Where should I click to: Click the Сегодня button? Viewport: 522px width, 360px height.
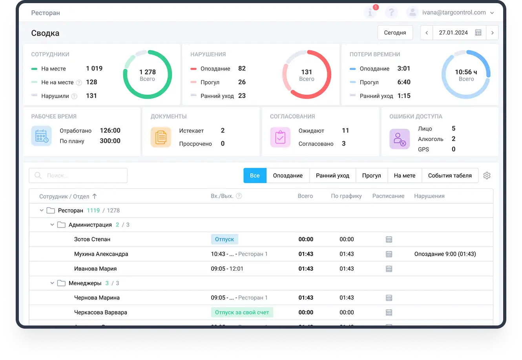pos(395,33)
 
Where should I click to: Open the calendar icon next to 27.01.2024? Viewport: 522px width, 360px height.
pos(478,33)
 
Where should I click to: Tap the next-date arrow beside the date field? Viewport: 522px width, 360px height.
pos(492,33)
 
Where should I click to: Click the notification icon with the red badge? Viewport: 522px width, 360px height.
pos(370,13)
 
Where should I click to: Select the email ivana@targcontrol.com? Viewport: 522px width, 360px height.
pos(454,13)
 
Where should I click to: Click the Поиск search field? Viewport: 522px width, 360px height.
pos(78,175)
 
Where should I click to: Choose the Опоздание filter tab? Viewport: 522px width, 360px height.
pos(288,175)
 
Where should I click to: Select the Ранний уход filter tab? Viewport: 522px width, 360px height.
pos(332,175)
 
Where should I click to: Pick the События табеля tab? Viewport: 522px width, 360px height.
pos(450,175)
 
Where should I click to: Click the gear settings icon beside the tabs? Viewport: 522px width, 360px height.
pos(487,175)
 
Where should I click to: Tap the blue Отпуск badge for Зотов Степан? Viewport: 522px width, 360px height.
pos(224,239)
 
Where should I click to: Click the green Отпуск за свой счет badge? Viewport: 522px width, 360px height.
pos(242,312)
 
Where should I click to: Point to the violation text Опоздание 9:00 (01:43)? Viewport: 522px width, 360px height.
pos(445,254)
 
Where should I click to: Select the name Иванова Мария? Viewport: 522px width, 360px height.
pos(95,269)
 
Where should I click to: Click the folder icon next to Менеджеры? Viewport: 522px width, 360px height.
pos(61,283)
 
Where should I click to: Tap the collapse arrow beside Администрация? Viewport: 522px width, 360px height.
pos(52,225)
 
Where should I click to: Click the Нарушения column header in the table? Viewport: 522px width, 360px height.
pos(429,196)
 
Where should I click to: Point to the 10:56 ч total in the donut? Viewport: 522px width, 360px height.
pos(466,72)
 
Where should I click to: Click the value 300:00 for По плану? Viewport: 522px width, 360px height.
pos(110,141)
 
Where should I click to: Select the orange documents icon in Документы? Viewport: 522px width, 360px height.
pos(161,137)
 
